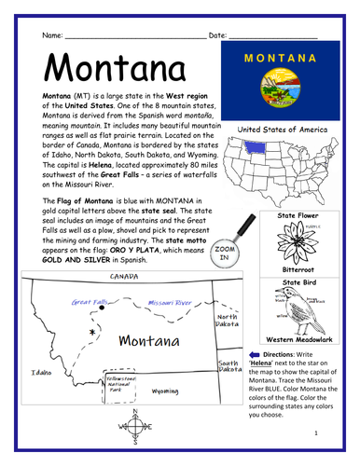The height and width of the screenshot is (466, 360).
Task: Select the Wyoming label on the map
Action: click(166, 392)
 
